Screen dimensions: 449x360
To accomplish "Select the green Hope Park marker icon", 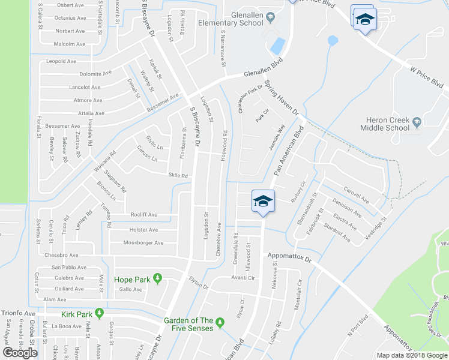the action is [x=157, y=278].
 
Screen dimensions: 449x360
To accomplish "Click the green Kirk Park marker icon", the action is [x=98, y=314].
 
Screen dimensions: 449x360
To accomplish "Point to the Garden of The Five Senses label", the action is [x=188, y=324].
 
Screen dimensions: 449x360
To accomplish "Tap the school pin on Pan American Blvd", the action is [x=262, y=201].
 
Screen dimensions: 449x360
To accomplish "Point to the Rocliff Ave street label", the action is [x=143, y=215].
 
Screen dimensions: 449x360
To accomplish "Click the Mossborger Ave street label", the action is [x=143, y=243].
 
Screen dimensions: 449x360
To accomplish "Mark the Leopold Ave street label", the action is [x=62, y=61].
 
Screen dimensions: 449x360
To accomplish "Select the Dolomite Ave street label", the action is [x=95, y=74].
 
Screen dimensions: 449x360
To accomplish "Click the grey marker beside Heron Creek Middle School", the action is [x=416, y=123].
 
